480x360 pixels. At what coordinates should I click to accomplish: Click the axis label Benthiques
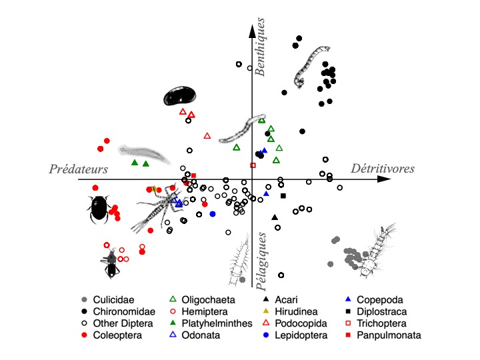260,47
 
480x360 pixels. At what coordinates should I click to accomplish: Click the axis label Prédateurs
79,169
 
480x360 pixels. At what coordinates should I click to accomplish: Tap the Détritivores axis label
383,169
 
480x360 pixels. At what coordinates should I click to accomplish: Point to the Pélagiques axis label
261,261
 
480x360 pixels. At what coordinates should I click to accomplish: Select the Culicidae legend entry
108,300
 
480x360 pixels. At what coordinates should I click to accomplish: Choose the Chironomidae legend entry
118,311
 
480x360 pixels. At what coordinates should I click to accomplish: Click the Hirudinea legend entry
290,311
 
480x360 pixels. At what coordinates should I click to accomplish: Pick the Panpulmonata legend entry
383,335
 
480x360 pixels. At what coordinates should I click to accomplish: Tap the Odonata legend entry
195,335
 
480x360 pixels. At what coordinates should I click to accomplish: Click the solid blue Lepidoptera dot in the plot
213,214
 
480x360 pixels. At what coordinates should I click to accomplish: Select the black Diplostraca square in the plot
283,195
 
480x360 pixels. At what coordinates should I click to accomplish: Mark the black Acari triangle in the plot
275,217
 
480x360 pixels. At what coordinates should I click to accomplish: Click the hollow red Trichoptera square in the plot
253,165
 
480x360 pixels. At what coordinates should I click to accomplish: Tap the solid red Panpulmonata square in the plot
193,176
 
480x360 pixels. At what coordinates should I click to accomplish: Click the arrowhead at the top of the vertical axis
252,31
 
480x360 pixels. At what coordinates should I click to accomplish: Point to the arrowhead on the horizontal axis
384,179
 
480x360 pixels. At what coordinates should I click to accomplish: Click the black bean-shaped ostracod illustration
180,95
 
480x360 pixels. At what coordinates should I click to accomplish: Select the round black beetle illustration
99,208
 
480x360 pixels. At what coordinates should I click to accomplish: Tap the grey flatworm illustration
144,154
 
